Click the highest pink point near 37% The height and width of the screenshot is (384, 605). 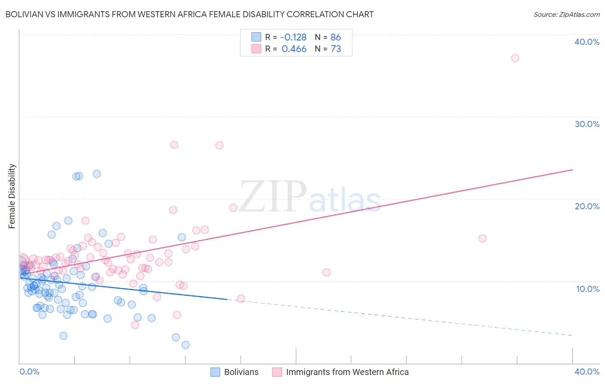click(x=515, y=58)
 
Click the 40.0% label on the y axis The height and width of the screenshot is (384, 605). click(x=586, y=42)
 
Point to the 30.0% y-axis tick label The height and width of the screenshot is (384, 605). click(x=586, y=124)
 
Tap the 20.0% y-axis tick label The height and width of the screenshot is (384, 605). click(x=586, y=206)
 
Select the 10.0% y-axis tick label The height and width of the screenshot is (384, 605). click(x=587, y=289)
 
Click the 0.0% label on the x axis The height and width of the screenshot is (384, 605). click(x=29, y=372)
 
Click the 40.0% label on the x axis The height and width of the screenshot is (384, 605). click(x=586, y=372)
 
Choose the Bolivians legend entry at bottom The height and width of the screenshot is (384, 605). click(x=235, y=372)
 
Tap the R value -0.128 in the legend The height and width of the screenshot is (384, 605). click(x=294, y=37)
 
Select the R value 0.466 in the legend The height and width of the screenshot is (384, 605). click(x=294, y=49)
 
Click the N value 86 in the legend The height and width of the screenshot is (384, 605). click(x=336, y=37)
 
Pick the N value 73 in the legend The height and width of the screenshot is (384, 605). click(x=336, y=49)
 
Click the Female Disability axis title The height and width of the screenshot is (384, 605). click(x=12, y=196)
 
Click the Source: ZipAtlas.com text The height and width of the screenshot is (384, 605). click(x=566, y=15)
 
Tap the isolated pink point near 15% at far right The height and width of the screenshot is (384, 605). click(x=482, y=238)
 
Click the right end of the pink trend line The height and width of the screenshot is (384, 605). click(x=572, y=170)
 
